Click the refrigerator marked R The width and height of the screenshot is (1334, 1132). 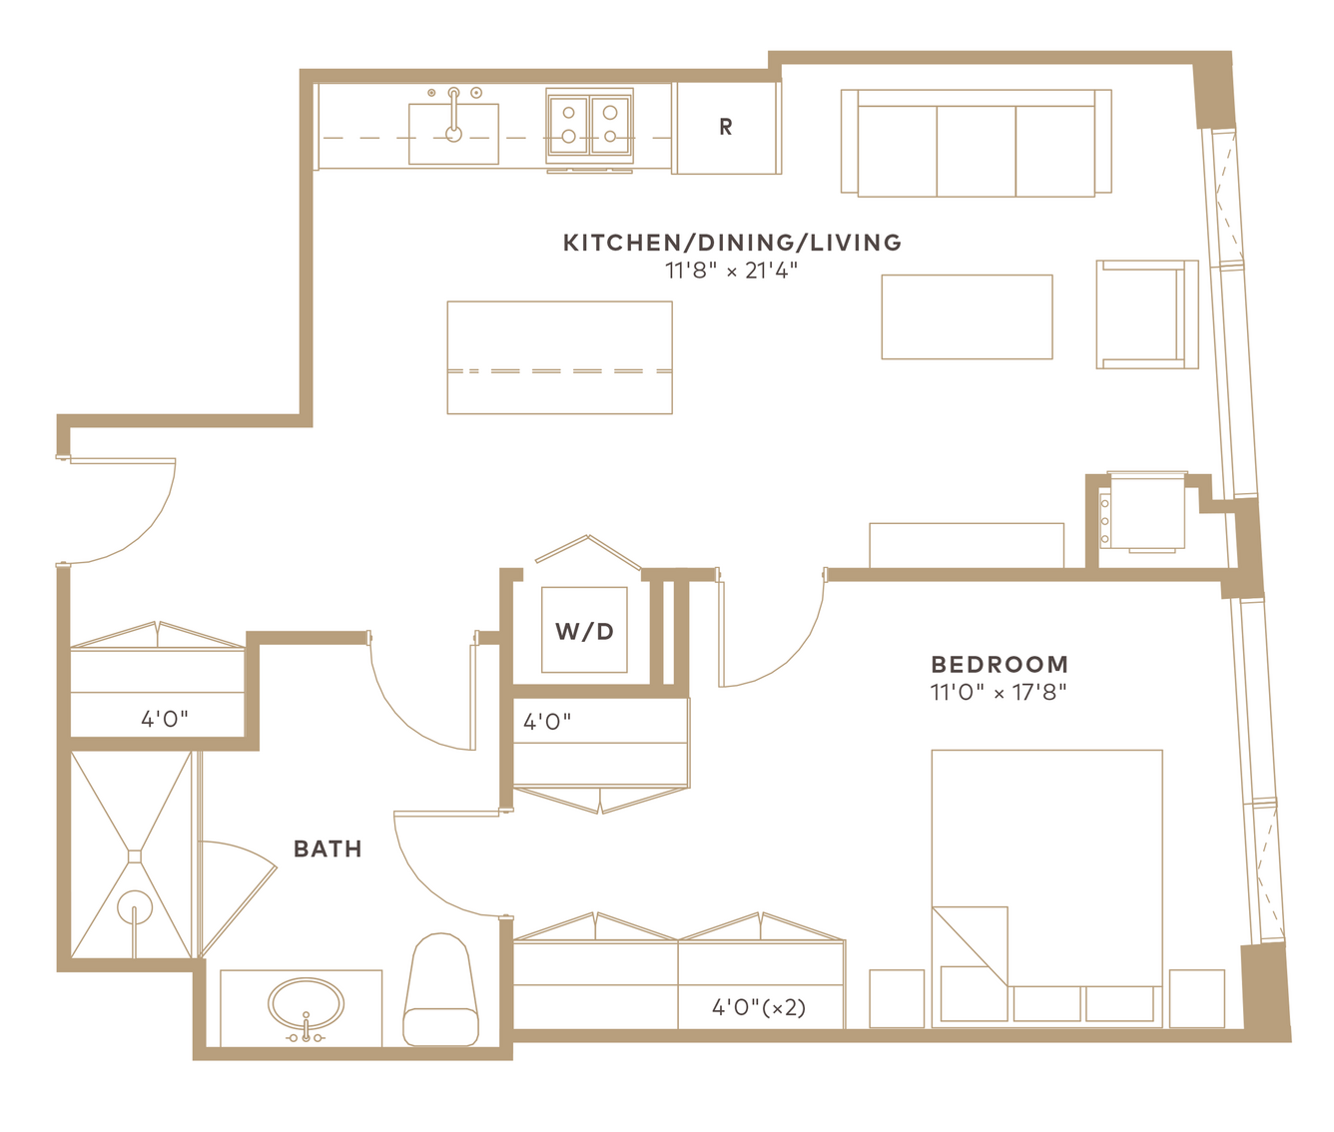[x=725, y=128]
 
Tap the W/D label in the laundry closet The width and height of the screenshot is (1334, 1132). [x=584, y=631]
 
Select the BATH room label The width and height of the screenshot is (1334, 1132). [x=328, y=849]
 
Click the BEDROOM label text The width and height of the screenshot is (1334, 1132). [x=1000, y=664]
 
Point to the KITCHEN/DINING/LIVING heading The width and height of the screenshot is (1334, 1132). [x=732, y=243]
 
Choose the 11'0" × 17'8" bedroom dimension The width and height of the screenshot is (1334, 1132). [x=999, y=693]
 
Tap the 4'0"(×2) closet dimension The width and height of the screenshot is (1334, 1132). [x=759, y=1007]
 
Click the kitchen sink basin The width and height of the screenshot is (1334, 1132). [x=453, y=134]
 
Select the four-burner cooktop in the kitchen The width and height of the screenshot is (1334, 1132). [x=589, y=125]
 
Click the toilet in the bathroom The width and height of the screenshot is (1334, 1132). [x=440, y=988]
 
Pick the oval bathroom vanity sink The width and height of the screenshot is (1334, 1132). [x=306, y=1004]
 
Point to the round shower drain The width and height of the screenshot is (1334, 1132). [x=134, y=907]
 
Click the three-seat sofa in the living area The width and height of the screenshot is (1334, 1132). [x=976, y=143]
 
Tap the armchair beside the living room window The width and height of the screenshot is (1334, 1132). [x=1147, y=314]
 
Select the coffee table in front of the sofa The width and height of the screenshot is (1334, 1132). [x=967, y=316]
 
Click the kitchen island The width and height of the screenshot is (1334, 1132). [x=559, y=357]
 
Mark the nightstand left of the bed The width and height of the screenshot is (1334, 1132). [x=897, y=998]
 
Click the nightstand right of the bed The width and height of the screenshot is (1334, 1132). [x=1197, y=998]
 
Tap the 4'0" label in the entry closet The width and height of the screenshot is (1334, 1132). [x=165, y=719]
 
